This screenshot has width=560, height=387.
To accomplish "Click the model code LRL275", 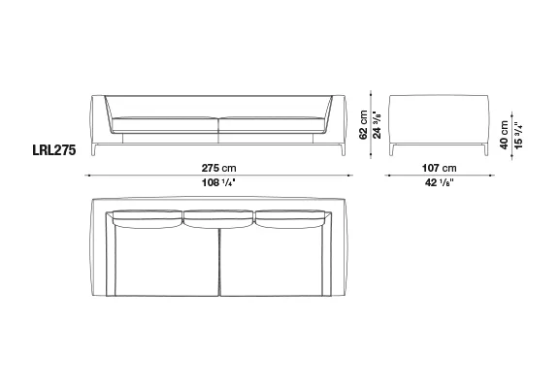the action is [54, 150].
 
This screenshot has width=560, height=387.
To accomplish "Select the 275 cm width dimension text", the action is [218, 168].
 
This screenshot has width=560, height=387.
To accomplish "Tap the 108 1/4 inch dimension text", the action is [218, 182].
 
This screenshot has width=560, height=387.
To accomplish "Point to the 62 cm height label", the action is [363, 124].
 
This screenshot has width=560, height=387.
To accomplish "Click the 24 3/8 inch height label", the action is [377, 125].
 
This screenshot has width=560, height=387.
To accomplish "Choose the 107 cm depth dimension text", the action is [440, 168].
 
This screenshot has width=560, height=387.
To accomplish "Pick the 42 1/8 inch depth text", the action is [440, 182].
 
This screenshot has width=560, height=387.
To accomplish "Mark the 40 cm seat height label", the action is [504, 135].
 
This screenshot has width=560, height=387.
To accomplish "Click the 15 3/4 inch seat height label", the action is [518, 136].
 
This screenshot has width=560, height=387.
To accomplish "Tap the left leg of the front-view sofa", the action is [94, 150].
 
